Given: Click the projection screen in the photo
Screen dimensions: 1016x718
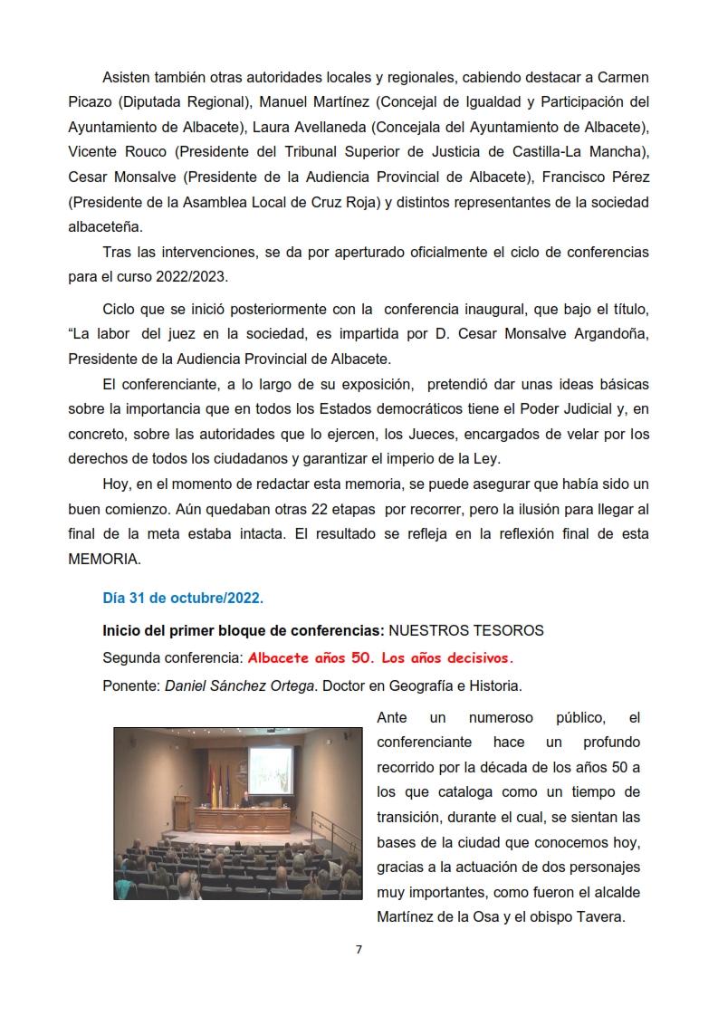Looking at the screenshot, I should coord(276,772).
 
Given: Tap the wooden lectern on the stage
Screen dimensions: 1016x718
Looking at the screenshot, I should coord(182,812).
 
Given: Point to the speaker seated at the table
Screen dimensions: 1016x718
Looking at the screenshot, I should coord(245,799).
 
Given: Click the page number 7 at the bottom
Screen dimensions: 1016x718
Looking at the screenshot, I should coord(359,949).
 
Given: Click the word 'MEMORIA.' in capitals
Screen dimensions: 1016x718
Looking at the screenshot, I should coord(104,559).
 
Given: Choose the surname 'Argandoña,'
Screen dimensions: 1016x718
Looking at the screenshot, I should coord(608,333).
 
